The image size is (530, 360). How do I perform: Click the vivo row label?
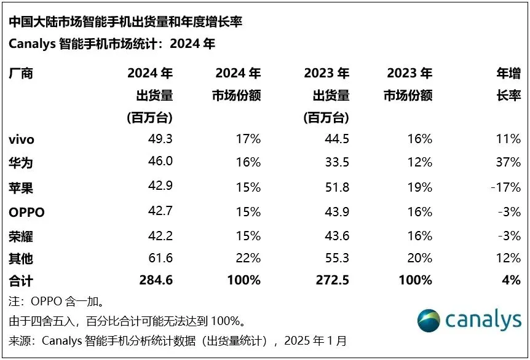pos(22,139)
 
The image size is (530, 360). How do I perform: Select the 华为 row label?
pos(21,163)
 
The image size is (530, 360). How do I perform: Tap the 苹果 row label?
pos(21,187)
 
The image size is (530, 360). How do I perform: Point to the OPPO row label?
pos(27,212)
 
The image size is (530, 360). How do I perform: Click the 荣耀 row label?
pos(21,235)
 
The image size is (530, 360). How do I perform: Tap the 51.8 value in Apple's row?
pos(336,187)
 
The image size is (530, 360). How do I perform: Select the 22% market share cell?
pos(248,258)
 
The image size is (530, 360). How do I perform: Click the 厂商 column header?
pos(21,74)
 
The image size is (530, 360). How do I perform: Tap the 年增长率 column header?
pos(508,85)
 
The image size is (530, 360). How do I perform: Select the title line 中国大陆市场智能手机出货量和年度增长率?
pos(125,22)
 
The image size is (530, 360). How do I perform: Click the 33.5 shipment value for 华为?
pos(336,163)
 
